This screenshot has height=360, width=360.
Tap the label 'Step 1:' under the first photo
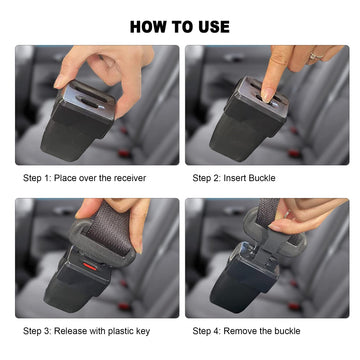39,177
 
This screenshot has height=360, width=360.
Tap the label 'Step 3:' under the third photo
39,329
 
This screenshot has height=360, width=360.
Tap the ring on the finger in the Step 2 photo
315,55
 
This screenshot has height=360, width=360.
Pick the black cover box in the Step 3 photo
75,285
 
